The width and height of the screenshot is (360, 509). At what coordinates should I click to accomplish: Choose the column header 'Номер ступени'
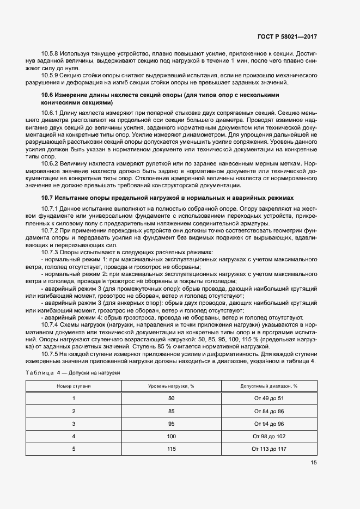coord(74,385)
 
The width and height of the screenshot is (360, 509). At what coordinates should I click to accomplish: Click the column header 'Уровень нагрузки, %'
coord(172,385)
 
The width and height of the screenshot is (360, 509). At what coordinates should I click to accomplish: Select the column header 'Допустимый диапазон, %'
coord(269,385)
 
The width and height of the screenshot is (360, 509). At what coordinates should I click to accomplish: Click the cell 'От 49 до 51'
coord(269,398)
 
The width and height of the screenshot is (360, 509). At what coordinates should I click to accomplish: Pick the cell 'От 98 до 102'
coord(269,436)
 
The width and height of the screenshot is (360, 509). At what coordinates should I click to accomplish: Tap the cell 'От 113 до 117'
coord(269,449)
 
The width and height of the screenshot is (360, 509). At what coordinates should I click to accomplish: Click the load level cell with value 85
coord(172,411)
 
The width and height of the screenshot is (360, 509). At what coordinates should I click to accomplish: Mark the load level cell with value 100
coord(172,436)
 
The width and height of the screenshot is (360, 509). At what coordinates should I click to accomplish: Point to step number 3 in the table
coord(74,424)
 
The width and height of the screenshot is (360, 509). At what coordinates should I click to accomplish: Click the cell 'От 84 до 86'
coord(269,411)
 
